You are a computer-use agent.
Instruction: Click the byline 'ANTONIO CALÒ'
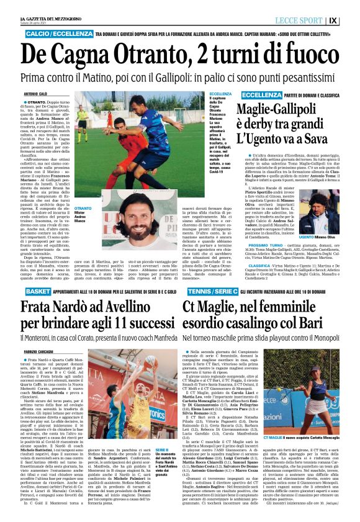35,94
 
